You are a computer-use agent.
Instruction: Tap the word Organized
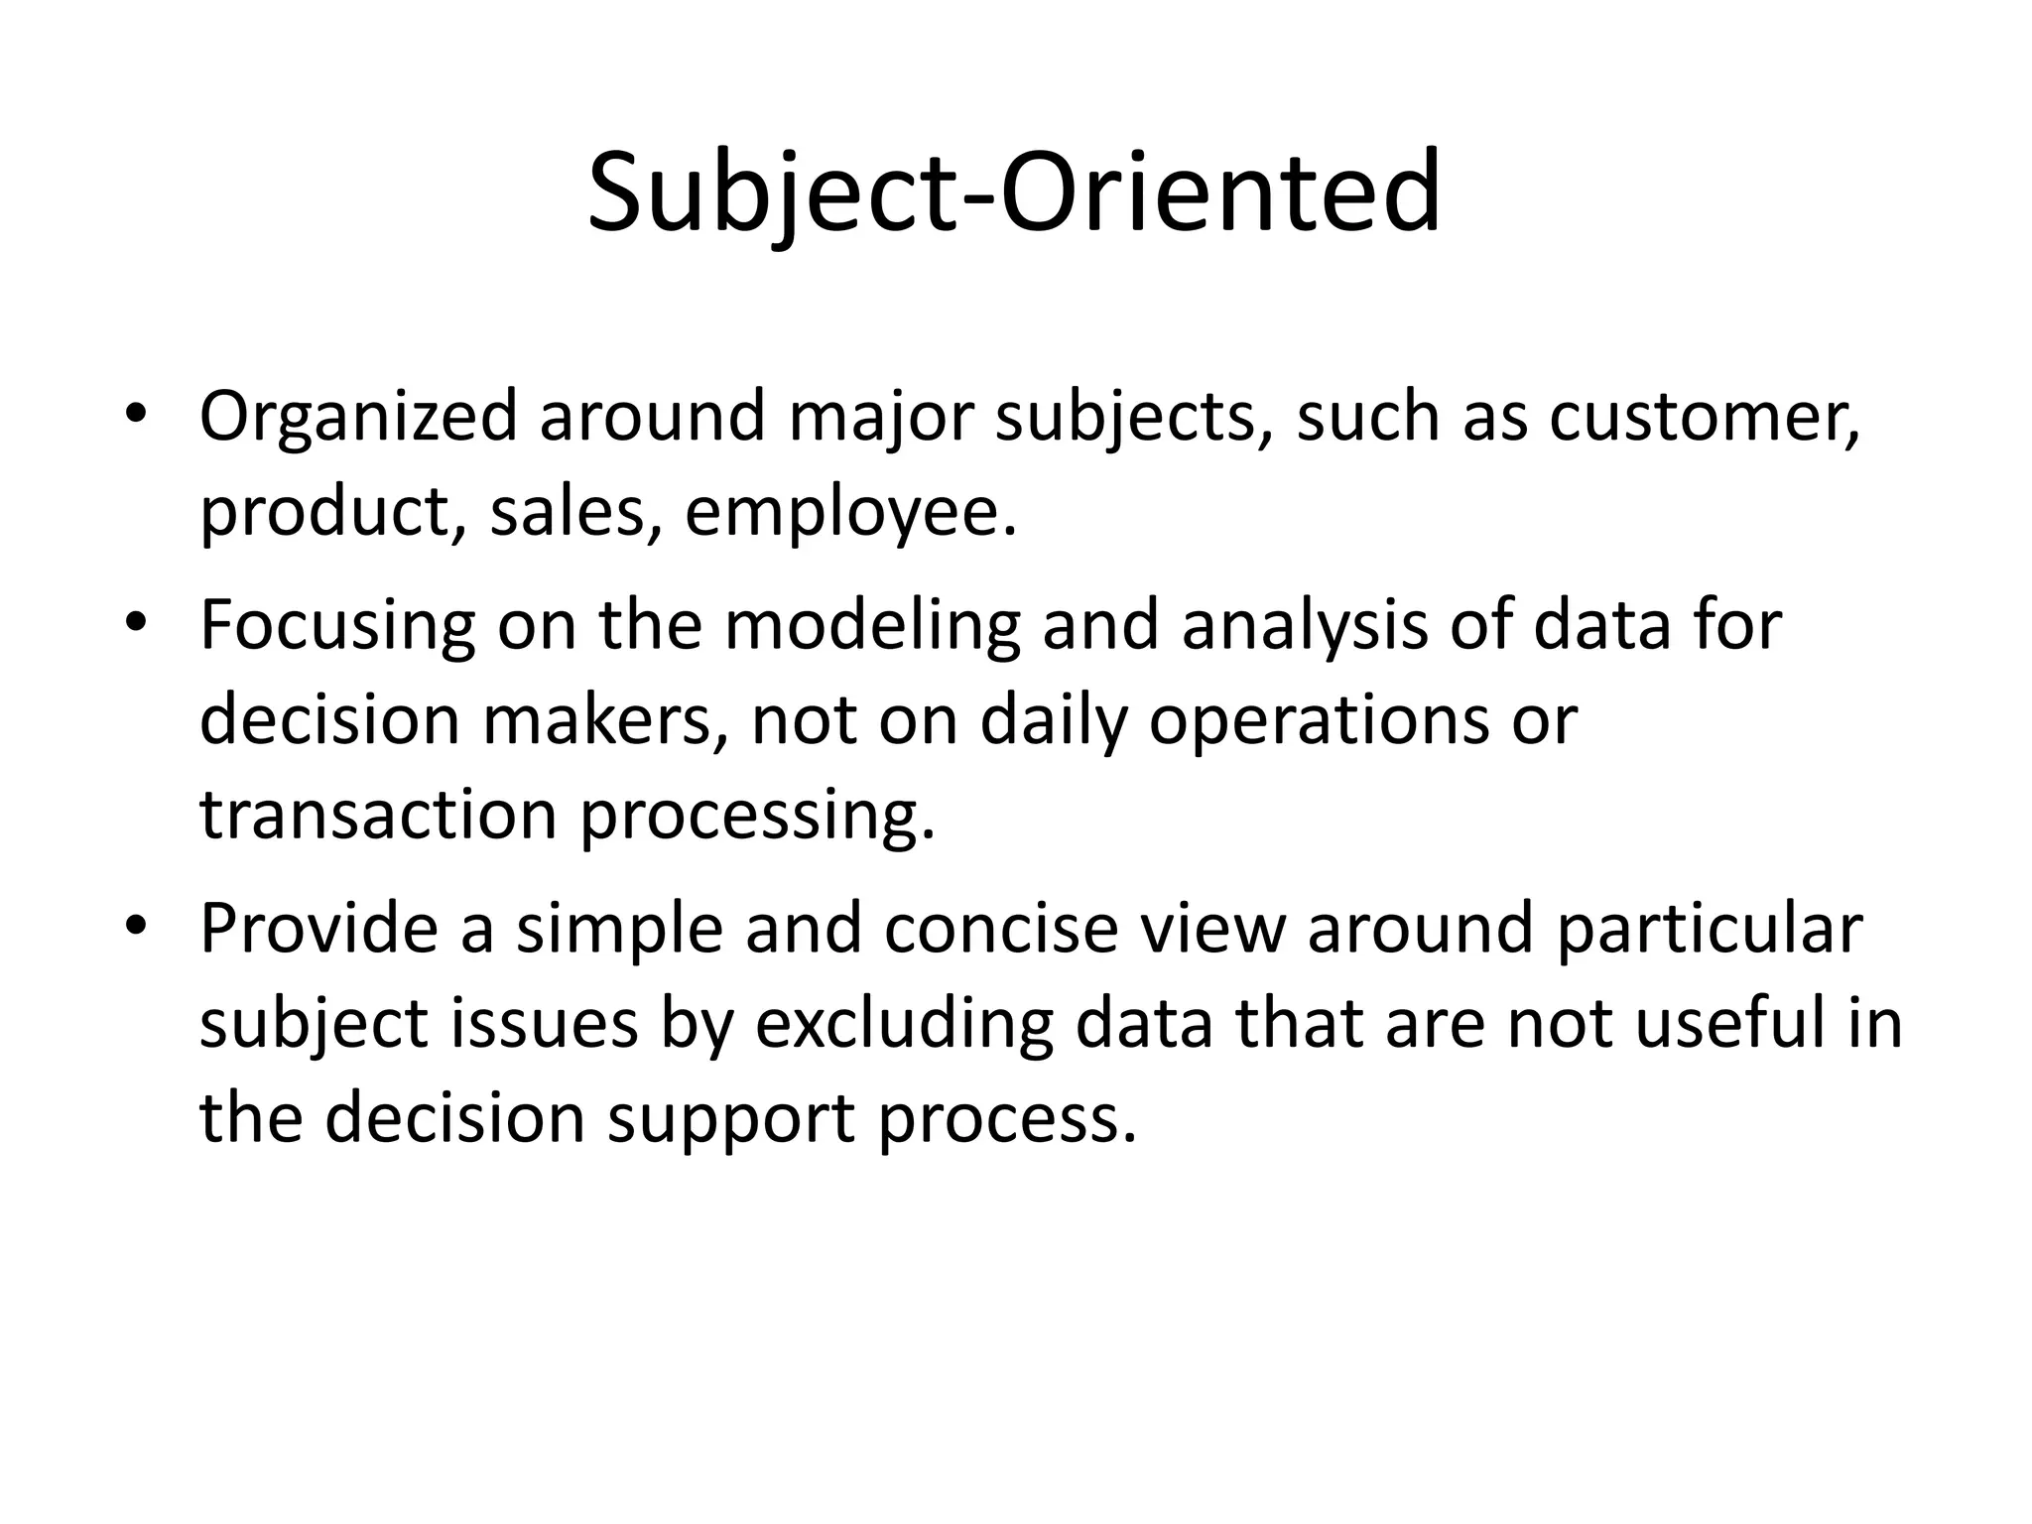point(358,417)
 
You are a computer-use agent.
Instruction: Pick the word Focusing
point(337,627)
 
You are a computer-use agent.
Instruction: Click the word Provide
point(318,931)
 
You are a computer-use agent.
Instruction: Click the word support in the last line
point(730,1119)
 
